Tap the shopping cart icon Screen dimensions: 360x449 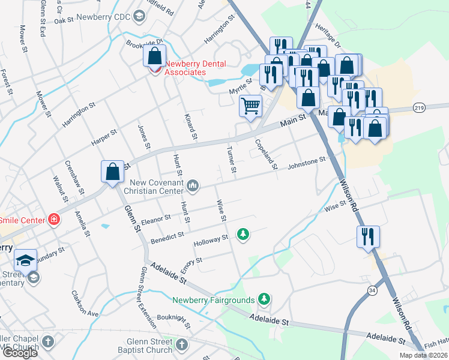(251, 106)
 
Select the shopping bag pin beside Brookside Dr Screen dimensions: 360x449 (155, 56)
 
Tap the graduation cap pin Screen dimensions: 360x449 (25, 260)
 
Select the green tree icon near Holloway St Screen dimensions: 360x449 (243, 233)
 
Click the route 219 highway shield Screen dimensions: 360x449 (419, 107)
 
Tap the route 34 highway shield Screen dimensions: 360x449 (373, 290)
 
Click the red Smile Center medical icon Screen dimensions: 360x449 (55, 220)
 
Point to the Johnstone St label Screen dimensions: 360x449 (306, 162)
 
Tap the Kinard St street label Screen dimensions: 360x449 (190, 127)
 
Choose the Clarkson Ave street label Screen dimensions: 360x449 (85, 304)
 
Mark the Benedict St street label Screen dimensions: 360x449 (167, 238)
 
